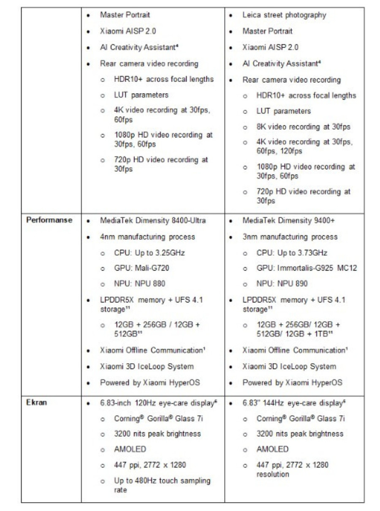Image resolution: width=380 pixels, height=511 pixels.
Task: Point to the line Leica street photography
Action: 284,15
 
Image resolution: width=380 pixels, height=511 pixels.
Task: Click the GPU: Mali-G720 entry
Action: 142,268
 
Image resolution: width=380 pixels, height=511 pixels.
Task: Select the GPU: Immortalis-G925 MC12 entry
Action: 307,268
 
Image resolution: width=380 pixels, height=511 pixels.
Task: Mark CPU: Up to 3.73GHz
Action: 292,253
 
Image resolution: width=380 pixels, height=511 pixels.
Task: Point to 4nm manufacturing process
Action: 147,237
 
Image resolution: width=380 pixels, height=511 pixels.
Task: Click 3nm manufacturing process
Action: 290,237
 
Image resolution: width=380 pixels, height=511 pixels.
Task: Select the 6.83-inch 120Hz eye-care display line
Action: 158,402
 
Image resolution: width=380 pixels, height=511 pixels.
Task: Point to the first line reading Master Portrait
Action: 125,15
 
